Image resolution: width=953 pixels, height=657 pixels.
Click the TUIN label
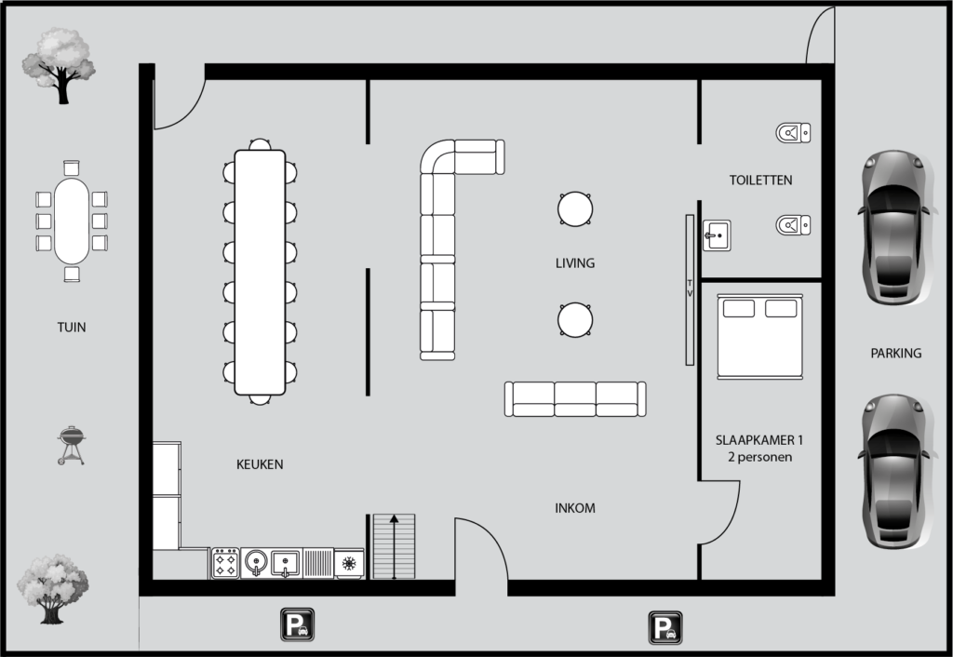(x=72, y=328)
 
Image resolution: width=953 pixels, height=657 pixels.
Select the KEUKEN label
(x=260, y=463)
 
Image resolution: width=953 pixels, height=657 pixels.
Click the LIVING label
(x=574, y=263)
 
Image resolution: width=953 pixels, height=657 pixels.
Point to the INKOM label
(x=574, y=508)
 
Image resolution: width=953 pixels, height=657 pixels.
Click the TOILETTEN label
(x=760, y=180)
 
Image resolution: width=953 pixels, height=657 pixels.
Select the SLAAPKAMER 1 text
(x=760, y=440)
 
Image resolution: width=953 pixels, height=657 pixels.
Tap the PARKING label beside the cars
(x=895, y=354)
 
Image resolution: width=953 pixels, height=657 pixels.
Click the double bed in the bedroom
(x=760, y=336)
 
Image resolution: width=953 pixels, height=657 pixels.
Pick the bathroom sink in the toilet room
(x=716, y=235)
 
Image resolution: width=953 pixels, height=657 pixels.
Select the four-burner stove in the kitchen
(x=225, y=563)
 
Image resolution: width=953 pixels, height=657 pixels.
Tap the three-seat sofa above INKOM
(x=575, y=398)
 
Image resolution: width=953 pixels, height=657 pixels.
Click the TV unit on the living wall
(x=690, y=288)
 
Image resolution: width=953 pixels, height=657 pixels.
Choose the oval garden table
(x=72, y=221)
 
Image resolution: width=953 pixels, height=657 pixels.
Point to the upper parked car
(x=894, y=227)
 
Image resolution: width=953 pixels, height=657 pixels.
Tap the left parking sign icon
(x=297, y=625)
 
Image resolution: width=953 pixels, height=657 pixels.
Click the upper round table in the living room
(x=575, y=208)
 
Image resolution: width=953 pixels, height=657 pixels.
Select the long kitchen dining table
(x=260, y=271)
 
